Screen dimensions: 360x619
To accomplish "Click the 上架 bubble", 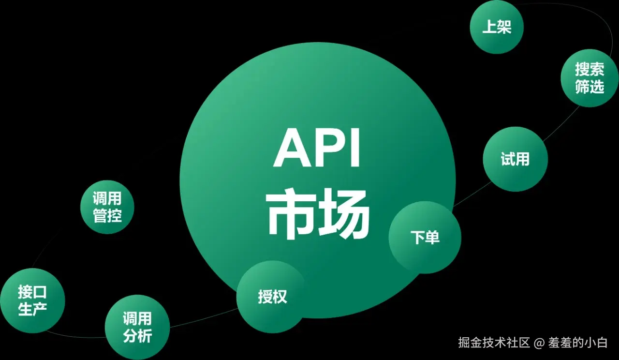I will click(497, 27).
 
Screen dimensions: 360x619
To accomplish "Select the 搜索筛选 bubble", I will click(590, 78).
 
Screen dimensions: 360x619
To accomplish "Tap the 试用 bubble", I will click(515, 159).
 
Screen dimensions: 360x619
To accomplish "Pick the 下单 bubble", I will click(425, 238).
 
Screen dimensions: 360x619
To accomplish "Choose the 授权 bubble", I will click(272, 297).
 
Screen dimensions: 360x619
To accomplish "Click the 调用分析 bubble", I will click(137, 327).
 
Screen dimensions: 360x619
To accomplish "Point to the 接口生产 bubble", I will click(32, 300).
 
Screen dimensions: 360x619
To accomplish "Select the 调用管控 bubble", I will click(107, 207).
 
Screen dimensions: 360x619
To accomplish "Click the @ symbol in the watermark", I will click(539, 343).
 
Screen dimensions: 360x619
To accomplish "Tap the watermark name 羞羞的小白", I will click(577, 343).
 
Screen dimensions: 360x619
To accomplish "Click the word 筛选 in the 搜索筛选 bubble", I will click(590, 87).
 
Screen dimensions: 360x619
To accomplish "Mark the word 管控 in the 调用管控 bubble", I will click(107, 216).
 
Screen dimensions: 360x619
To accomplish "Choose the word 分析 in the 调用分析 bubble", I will click(137, 336).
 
